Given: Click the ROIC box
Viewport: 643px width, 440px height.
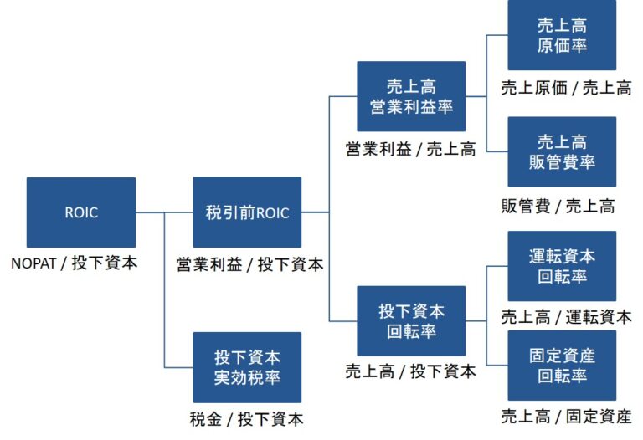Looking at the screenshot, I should click(x=80, y=212).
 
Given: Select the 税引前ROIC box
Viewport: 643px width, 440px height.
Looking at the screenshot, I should click(x=247, y=212).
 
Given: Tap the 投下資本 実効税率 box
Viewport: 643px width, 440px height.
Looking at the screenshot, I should click(x=247, y=367).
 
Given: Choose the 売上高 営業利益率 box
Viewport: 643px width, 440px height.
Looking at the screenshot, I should click(x=411, y=96).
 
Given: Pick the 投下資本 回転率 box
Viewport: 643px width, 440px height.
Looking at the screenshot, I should click(x=411, y=321).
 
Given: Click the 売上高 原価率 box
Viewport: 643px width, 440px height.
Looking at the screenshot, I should click(x=562, y=35).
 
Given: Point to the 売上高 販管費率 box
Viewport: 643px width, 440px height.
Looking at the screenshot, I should click(x=562, y=152).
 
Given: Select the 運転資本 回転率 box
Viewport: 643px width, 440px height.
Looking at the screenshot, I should click(x=562, y=266).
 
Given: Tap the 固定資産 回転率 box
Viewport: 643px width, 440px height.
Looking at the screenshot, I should click(x=562, y=366).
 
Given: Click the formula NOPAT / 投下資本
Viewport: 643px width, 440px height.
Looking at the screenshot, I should click(x=75, y=263).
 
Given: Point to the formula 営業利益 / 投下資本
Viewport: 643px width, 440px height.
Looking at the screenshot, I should click(x=249, y=264).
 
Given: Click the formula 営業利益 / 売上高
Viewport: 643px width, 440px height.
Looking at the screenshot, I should click(x=410, y=150).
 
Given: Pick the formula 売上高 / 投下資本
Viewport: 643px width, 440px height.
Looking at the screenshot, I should click(x=410, y=371).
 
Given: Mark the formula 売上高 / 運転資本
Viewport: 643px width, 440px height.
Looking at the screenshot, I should click(x=566, y=317).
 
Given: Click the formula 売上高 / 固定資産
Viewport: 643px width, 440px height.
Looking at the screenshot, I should click(x=566, y=416).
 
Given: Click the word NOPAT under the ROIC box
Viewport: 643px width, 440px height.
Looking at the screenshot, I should click(x=34, y=263).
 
